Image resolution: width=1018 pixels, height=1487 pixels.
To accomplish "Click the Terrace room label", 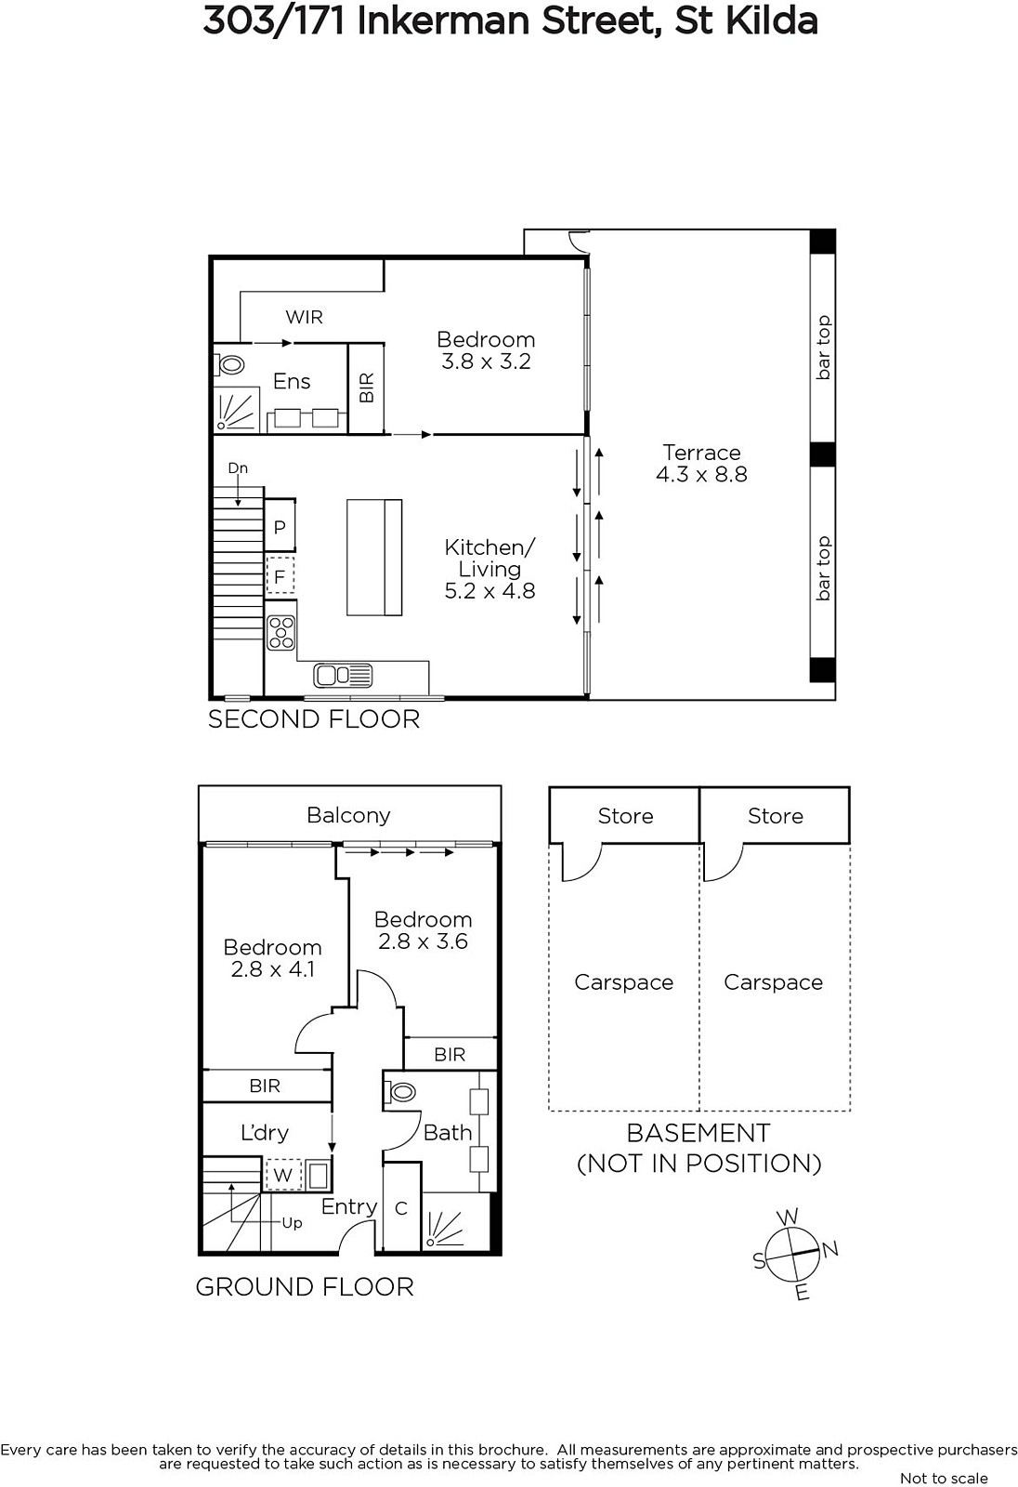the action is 701,453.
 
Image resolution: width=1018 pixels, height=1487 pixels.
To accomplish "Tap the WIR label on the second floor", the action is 304,317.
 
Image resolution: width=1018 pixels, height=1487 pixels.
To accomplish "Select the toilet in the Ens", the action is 229,364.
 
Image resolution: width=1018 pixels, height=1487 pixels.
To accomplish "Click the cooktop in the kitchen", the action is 281,632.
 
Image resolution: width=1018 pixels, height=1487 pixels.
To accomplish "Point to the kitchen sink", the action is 343,675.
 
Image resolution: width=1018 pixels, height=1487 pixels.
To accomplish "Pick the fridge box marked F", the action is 281,575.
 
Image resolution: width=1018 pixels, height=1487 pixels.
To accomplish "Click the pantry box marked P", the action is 281,526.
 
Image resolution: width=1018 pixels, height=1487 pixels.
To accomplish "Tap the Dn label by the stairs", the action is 238,468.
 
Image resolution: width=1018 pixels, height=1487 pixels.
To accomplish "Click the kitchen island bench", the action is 374,557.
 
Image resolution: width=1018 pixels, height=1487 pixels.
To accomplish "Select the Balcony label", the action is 348,815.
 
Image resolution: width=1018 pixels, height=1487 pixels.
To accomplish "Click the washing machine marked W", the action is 283,1175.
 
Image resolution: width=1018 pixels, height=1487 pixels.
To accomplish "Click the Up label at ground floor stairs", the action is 292,1223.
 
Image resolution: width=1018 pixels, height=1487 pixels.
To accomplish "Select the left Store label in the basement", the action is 625,816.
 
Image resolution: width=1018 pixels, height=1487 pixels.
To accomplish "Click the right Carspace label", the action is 773,981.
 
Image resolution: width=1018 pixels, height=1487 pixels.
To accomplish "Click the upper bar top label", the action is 823,348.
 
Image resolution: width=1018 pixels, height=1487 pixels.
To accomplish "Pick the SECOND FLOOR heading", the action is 314,719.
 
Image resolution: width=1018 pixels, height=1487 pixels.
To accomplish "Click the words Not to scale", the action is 944,1478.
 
